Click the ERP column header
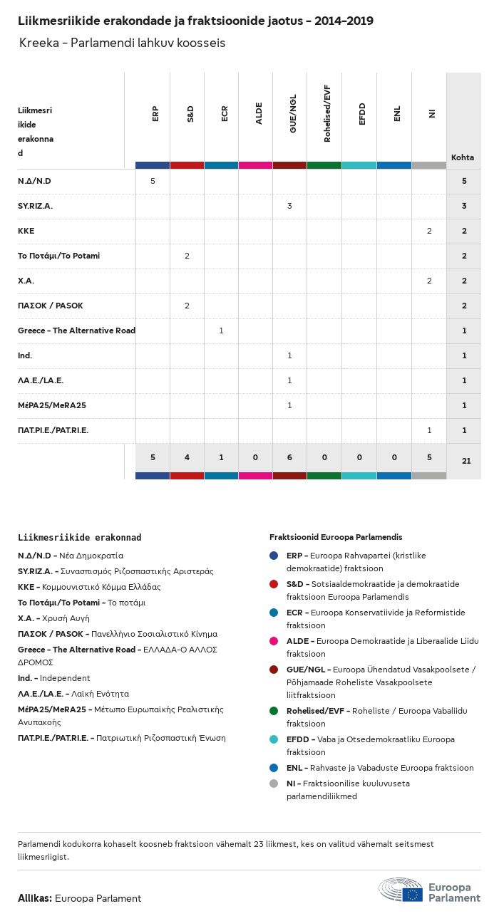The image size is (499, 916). point(155,113)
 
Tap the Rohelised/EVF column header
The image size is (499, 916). point(327,113)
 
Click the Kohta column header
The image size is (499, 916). point(463,157)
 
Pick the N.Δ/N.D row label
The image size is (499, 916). point(34,181)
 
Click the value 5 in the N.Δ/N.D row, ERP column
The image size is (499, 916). point(153,181)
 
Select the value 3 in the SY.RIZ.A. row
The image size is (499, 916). point(289,206)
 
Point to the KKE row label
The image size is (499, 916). point(26,231)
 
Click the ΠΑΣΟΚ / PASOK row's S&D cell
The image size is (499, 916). point(187,306)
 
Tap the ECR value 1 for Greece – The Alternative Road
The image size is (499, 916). point(221,331)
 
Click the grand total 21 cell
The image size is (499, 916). point(466,461)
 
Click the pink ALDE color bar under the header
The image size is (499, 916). point(255,165)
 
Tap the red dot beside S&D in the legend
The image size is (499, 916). point(274,584)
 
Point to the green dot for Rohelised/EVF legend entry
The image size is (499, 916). point(274,711)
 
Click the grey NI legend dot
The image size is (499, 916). point(274,784)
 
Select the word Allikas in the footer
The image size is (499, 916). point(34,898)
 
